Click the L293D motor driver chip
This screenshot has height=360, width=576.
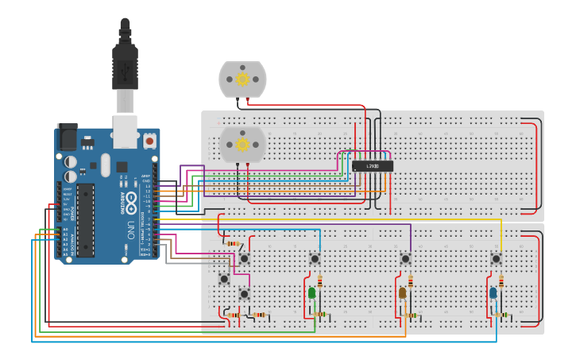pyautogui.click(x=373, y=166)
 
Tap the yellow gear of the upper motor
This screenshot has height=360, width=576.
pyautogui.click(x=242, y=79)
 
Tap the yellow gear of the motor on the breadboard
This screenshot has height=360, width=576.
pyautogui.click(x=242, y=145)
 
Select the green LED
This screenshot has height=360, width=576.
pyautogui.click(x=311, y=293)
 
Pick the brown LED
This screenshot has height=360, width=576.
pyautogui.click(x=402, y=293)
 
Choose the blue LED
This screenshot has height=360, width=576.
pyautogui.click(x=493, y=293)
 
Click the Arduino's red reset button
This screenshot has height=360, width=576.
pyautogui.click(x=149, y=141)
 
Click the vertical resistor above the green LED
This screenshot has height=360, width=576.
pyautogui.click(x=320, y=281)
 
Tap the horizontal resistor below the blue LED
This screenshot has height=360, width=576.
pyautogui.click(x=501, y=315)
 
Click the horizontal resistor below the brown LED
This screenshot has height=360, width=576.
pyautogui.click(x=411, y=315)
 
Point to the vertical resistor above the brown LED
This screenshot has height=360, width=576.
pyautogui.click(x=411, y=281)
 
